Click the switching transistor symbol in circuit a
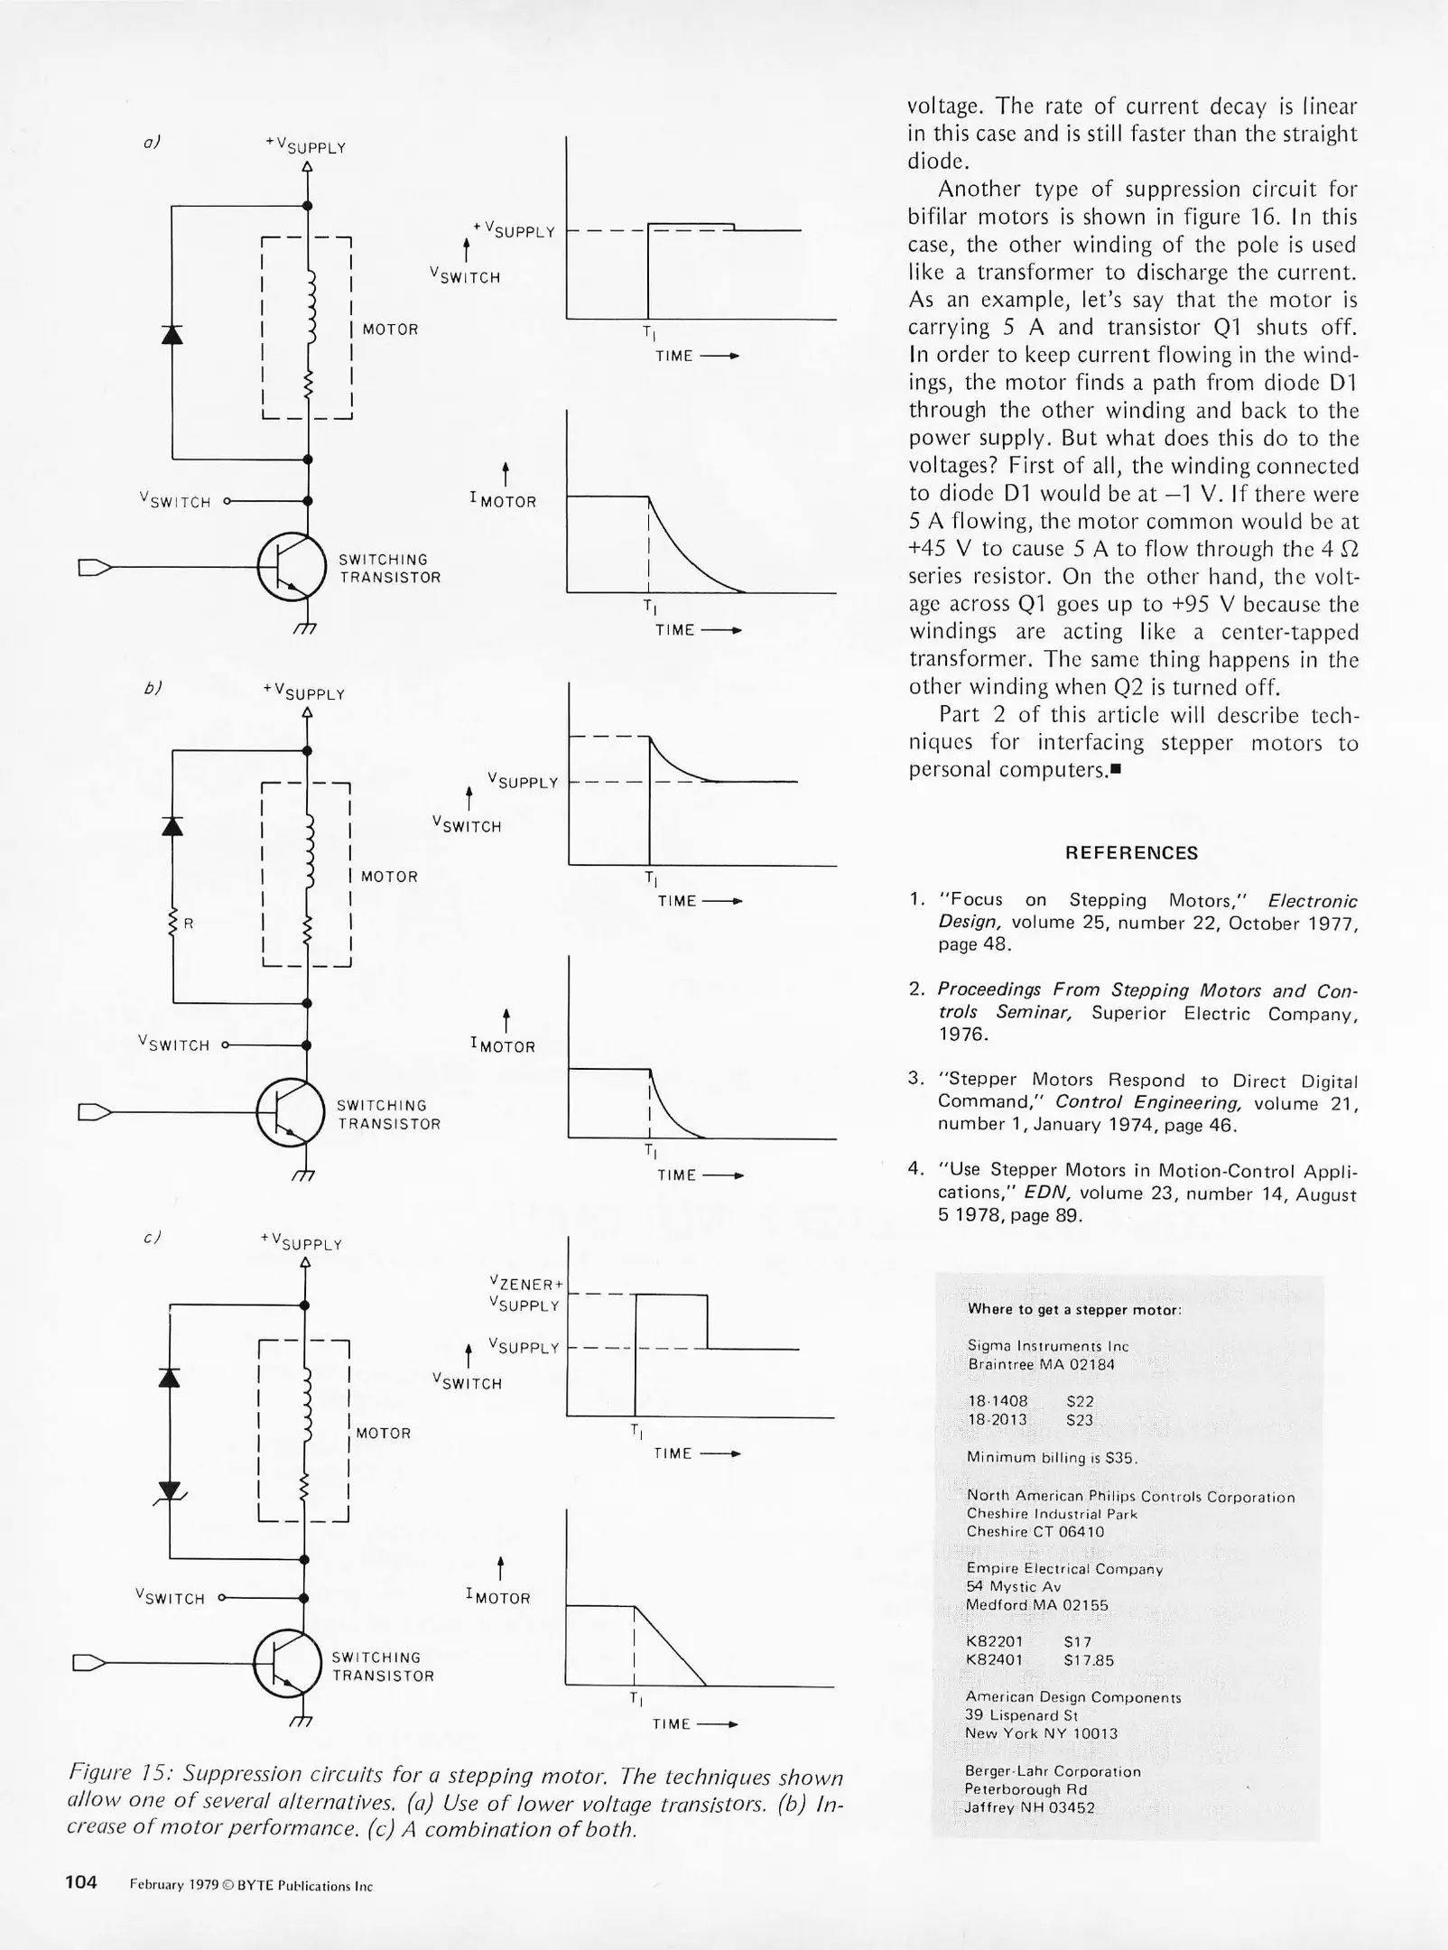click(x=291, y=567)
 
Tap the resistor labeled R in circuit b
click(x=172, y=922)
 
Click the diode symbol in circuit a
click(x=172, y=334)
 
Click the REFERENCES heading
click(x=1131, y=853)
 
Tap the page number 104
click(x=81, y=1882)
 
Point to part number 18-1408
click(x=998, y=1401)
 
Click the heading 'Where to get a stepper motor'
click(x=1074, y=1309)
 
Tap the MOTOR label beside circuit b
click(x=389, y=877)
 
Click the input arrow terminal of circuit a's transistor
click(x=94, y=567)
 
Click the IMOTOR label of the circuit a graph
click(x=503, y=501)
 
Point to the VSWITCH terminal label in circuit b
click(x=174, y=1045)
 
